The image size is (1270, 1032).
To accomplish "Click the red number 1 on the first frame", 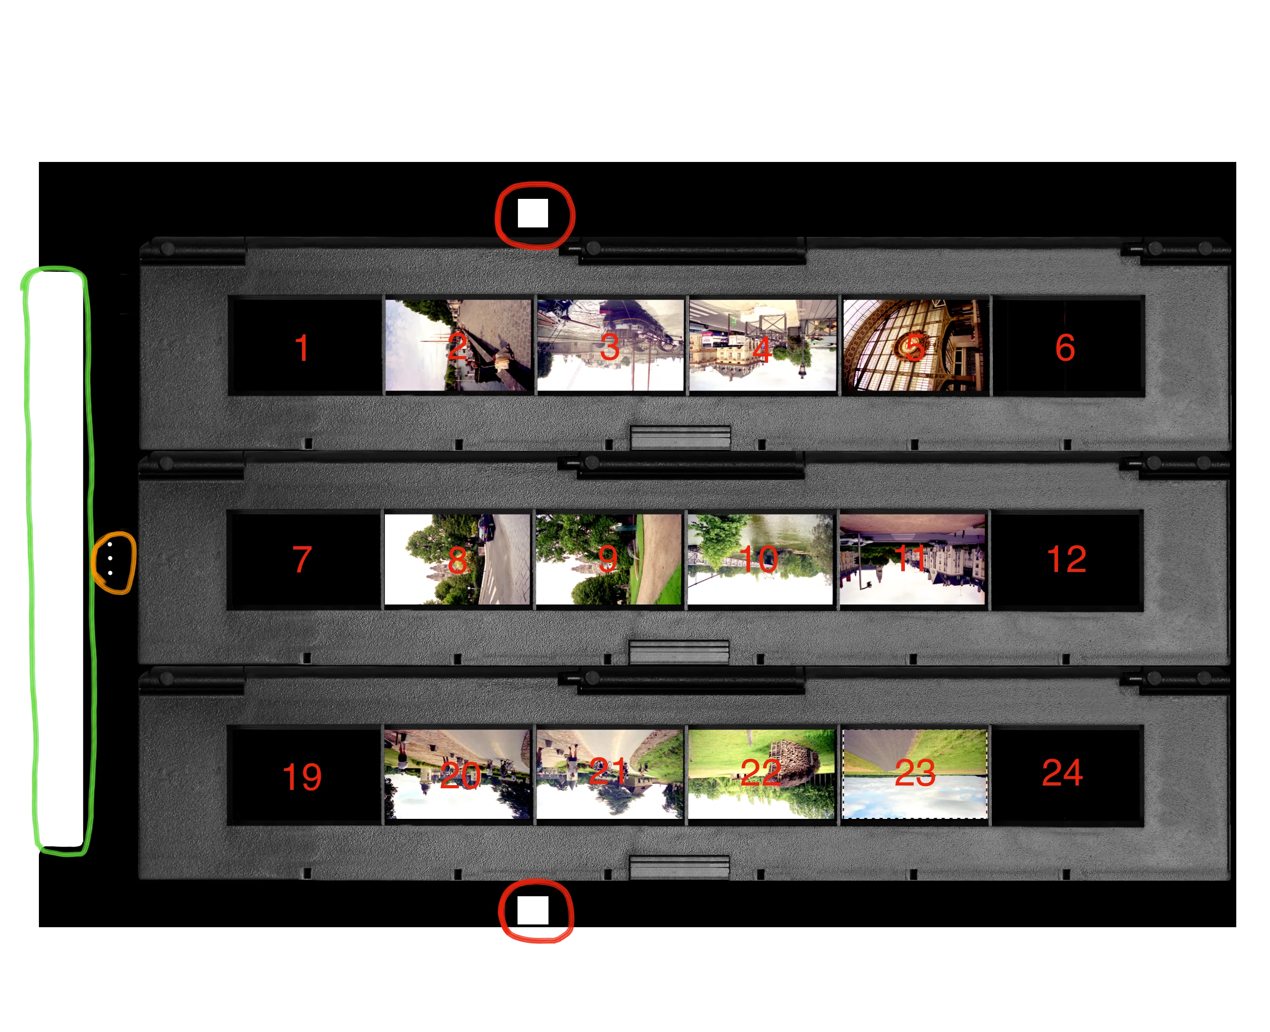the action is click(x=302, y=347).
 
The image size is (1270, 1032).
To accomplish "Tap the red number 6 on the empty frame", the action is click(x=1064, y=347).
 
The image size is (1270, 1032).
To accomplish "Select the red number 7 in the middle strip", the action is click(x=302, y=559).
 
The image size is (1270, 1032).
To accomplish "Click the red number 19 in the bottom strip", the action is click(x=302, y=776).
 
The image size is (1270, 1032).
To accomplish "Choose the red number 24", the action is click(x=1062, y=773).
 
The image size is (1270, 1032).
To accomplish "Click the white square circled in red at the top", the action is click(x=533, y=213).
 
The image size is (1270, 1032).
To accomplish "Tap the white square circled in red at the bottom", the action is click(x=533, y=910).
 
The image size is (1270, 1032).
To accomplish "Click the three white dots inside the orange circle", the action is click(x=110, y=558).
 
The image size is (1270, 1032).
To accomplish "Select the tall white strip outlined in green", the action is click(x=57, y=559).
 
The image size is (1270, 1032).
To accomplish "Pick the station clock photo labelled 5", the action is click(x=915, y=345).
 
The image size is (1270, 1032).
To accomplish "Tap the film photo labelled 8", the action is click(x=457, y=559).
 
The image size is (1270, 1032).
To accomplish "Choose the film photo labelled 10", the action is click(x=760, y=559).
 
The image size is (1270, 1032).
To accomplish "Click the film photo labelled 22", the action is click(x=761, y=774).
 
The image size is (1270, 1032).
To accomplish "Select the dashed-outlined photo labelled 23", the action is click(x=915, y=774).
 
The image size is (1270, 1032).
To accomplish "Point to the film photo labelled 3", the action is click(x=610, y=345).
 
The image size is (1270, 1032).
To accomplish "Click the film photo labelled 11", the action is click(x=912, y=559).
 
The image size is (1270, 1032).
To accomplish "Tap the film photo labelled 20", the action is click(x=457, y=774).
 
